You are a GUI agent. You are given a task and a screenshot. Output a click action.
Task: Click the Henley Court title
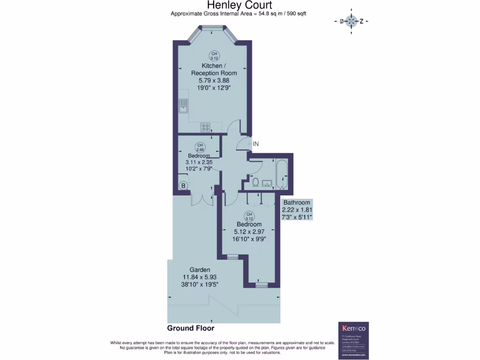(240, 5)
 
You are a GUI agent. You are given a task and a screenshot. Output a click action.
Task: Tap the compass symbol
(351, 21)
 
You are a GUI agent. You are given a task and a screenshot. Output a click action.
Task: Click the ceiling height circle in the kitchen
(214, 56)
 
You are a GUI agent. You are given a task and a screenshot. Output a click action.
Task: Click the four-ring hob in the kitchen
(205, 127)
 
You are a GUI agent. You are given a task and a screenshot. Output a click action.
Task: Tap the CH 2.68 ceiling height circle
(199, 147)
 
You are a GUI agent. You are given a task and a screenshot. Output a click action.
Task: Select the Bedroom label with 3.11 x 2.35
(199, 156)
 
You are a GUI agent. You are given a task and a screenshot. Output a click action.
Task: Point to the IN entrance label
(255, 144)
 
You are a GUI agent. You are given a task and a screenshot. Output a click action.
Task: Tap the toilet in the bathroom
(256, 181)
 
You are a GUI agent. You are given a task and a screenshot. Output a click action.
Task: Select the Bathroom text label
(297, 202)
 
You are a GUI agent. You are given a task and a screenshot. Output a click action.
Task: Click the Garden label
(200, 270)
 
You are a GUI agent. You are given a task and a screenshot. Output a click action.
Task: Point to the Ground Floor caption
(191, 328)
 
